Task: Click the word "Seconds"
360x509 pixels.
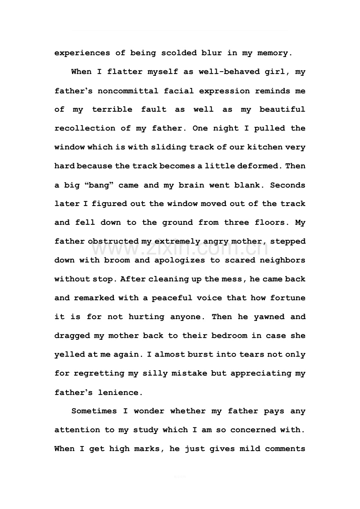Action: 288,185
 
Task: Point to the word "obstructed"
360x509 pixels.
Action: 113,242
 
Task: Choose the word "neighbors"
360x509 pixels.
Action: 283,260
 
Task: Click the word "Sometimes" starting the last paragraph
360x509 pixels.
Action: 94,411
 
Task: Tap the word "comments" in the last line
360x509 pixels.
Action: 285,449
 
